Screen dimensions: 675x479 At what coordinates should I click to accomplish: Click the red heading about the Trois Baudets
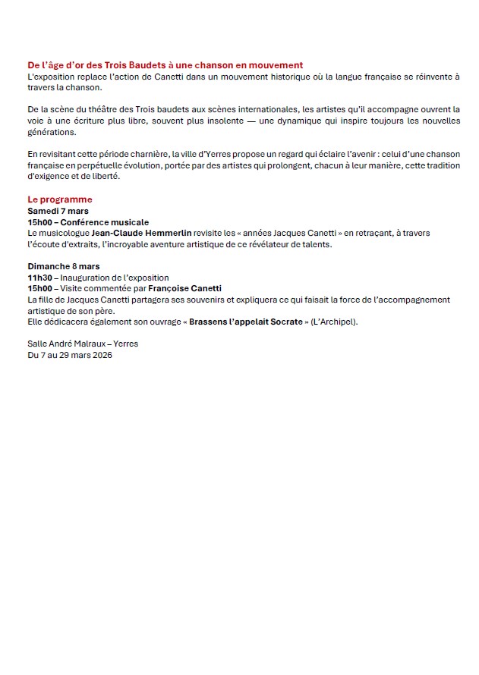tap(165, 66)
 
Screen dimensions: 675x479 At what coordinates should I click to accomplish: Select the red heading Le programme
tap(59, 199)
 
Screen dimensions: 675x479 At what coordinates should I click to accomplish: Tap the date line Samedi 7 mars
tap(58, 211)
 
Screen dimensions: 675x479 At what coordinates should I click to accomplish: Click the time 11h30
tap(39, 278)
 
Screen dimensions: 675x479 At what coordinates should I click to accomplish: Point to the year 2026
tap(101, 355)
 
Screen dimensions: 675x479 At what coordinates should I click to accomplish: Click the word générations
tap(52, 132)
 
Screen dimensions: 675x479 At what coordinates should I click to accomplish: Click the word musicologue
tap(69, 234)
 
